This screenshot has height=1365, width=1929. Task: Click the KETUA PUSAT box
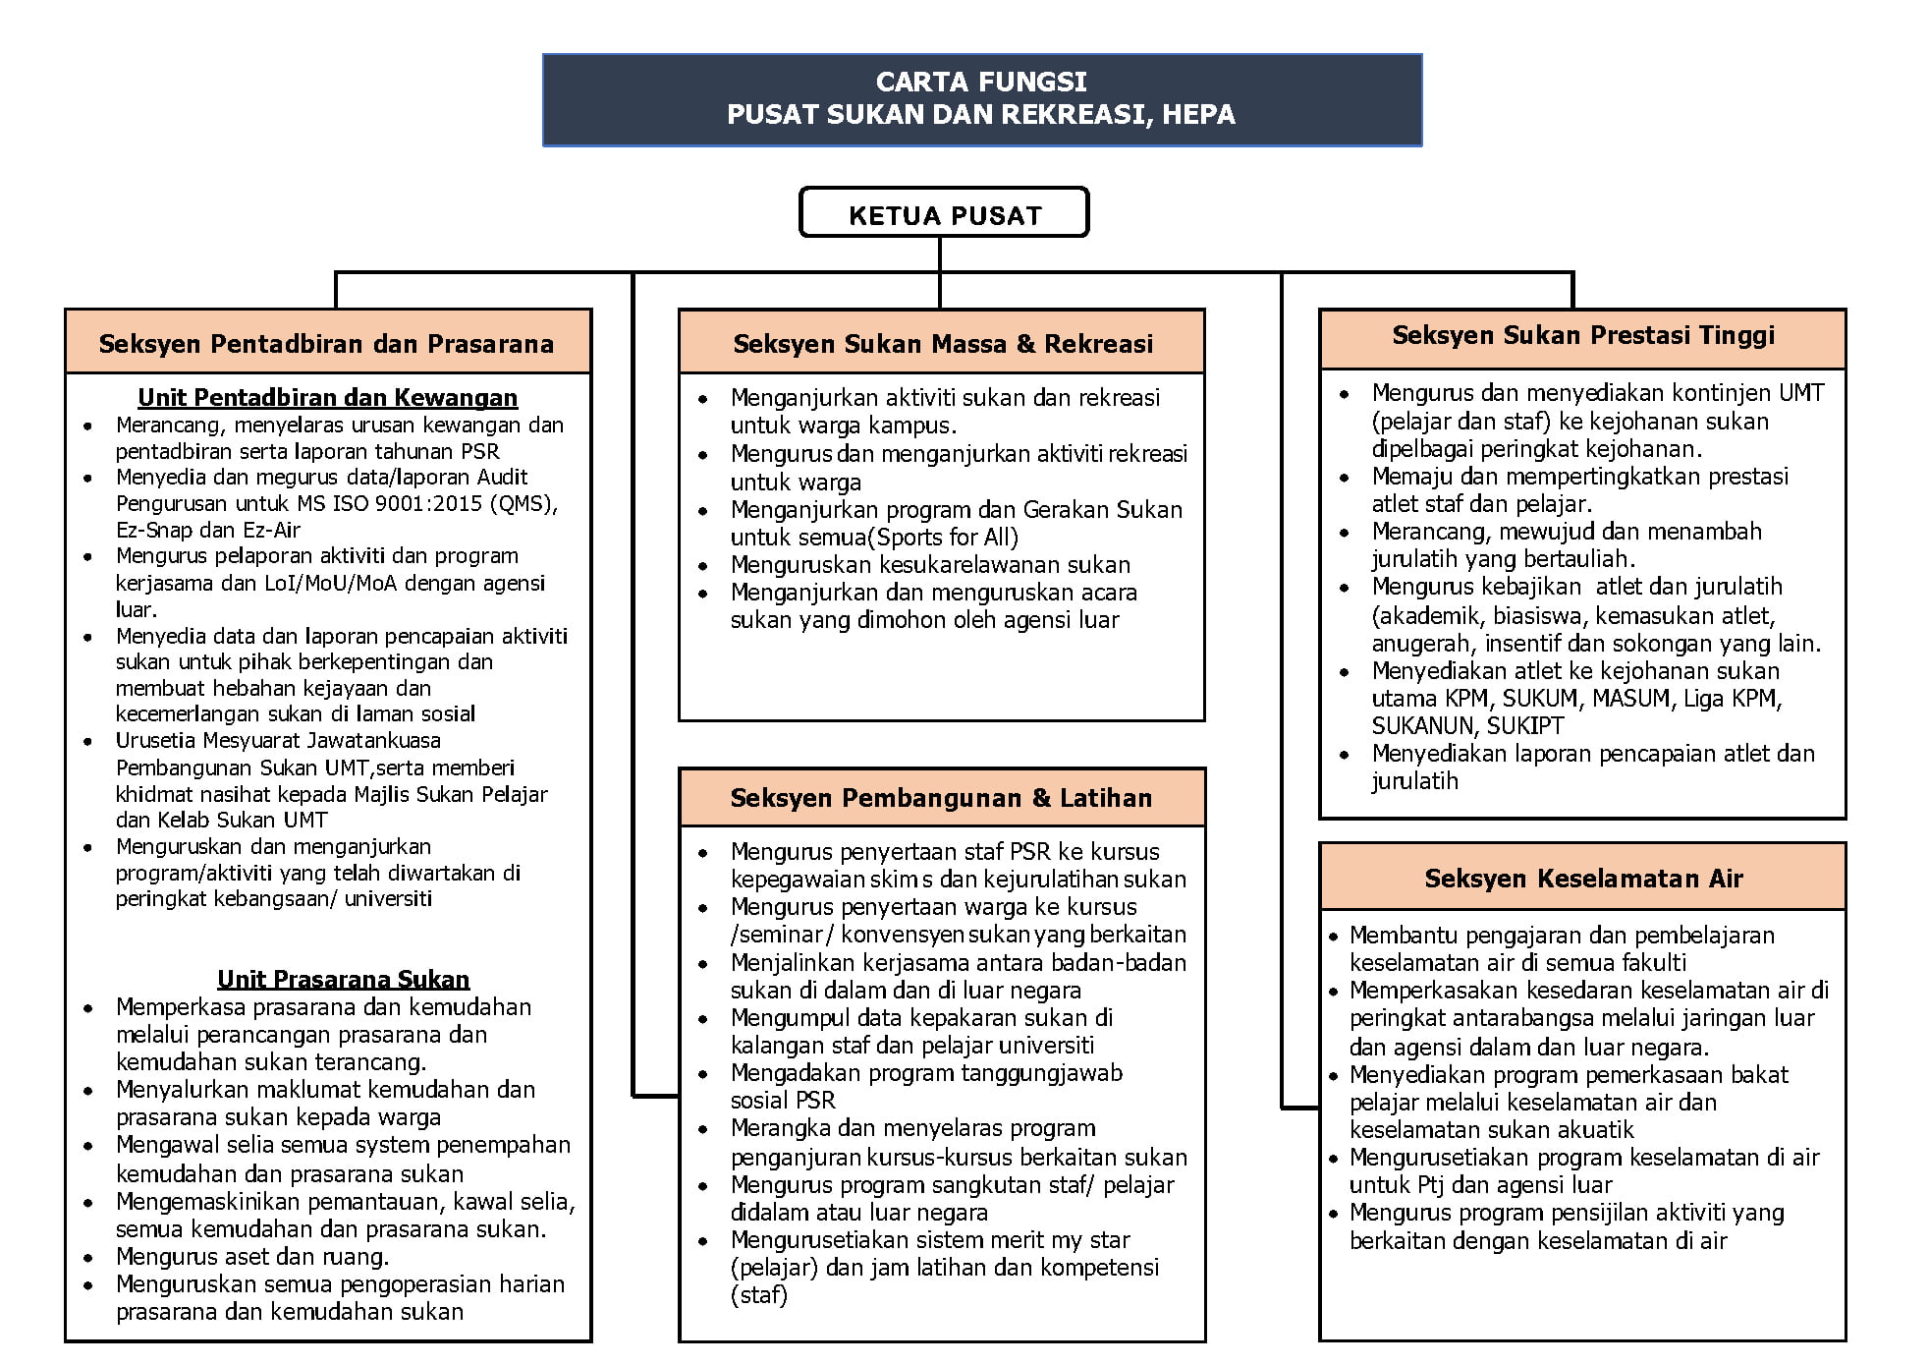[x=944, y=213]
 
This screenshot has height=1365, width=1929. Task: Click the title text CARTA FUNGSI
[x=981, y=82]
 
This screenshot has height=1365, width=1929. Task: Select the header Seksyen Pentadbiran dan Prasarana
[x=326, y=344]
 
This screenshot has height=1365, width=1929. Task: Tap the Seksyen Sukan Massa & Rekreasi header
[x=943, y=344]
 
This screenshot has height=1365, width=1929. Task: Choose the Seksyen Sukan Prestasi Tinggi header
[x=1583, y=336]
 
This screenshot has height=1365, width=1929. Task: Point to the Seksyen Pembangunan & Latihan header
[x=941, y=798]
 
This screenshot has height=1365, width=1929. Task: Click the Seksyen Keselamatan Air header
[x=1583, y=879]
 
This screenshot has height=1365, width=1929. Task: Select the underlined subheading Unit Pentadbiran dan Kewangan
[x=327, y=398]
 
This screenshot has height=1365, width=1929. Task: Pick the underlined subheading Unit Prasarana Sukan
[x=343, y=980]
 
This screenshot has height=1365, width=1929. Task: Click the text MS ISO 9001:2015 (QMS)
[x=427, y=504]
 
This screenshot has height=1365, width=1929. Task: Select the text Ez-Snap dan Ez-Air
[x=208, y=531]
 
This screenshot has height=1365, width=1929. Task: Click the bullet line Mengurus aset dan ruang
[x=252, y=1257]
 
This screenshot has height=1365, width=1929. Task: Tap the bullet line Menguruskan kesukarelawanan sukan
[x=930, y=565]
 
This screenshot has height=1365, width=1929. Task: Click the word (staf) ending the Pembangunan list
[x=759, y=1295]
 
